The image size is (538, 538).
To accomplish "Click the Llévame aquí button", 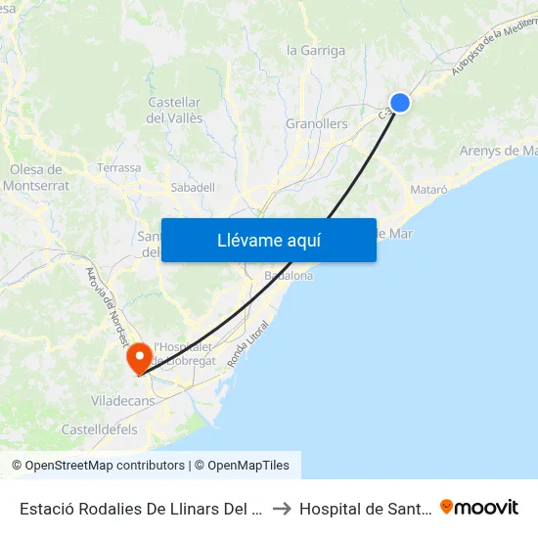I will [x=268, y=240].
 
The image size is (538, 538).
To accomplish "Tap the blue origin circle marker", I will [x=400, y=102].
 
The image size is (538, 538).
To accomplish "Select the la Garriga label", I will [x=315, y=50].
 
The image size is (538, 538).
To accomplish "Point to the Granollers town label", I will [x=316, y=124].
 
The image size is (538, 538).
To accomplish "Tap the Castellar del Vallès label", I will [x=175, y=110].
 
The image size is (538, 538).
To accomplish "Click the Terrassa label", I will [x=118, y=168].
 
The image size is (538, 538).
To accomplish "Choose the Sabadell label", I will [x=193, y=187].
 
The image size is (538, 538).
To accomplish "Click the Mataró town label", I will [x=428, y=188].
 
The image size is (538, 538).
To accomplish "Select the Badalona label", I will [x=289, y=277].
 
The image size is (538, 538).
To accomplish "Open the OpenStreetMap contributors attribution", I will [x=104, y=466].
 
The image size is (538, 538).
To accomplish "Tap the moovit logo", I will [x=479, y=507].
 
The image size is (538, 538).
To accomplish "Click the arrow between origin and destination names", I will [x=281, y=508].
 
